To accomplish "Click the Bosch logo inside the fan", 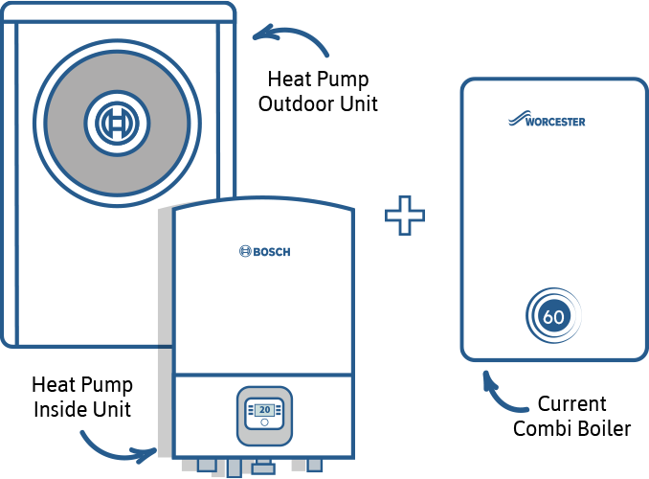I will (118, 122).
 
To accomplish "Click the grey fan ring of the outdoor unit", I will (67, 122).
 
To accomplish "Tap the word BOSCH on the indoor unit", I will (271, 252).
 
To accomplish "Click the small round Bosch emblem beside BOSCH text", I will (244, 252).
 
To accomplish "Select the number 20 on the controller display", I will (264, 408).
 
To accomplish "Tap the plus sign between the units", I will (405, 217).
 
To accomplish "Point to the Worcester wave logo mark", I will (518, 120).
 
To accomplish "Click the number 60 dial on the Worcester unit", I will (553, 316).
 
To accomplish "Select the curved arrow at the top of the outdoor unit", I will (291, 38).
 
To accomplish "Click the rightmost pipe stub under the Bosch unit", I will (314, 465).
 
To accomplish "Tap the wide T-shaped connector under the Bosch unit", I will (262, 467).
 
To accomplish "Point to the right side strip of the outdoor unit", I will (227, 105).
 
